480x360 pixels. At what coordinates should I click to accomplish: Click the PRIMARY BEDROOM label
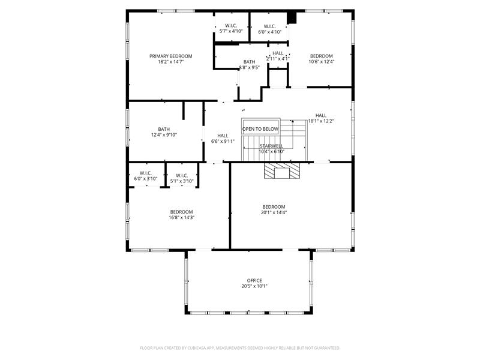coord(171,56)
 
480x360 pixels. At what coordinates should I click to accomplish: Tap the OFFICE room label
coord(254,280)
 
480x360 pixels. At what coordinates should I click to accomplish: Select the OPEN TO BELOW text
coord(260,129)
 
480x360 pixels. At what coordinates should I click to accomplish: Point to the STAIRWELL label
coord(271,146)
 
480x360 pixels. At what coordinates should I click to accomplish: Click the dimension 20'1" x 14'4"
coord(274,212)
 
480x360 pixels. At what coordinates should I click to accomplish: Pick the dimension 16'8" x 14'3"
coord(181,217)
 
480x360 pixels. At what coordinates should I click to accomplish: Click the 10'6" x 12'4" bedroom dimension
coord(321,61)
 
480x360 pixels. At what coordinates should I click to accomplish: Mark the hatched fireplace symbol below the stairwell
coord(280,172)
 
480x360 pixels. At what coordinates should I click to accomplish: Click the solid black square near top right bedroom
coord(292,17)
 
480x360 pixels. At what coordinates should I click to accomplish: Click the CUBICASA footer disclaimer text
coord(240,347)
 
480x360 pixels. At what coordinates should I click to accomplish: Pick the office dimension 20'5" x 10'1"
coord(254,286)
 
